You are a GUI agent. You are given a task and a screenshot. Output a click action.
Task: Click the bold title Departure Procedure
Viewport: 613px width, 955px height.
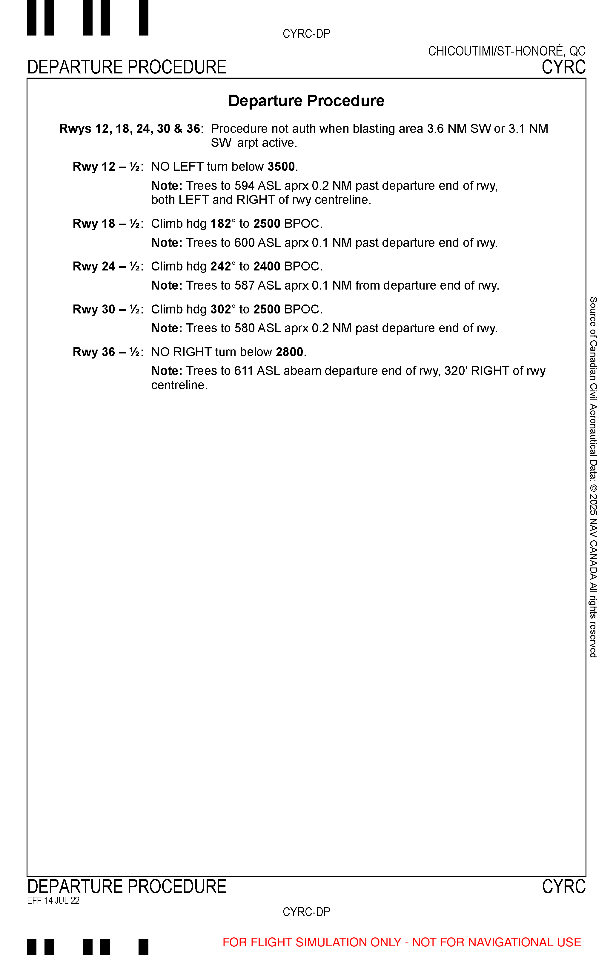pyautogui.click(x=306, y=101)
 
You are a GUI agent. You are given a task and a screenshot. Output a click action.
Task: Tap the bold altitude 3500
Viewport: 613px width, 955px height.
pyautogui.click(x=281, y=167)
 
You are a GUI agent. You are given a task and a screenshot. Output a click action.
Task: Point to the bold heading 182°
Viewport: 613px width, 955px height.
pyautogui.click(x=223, y=224)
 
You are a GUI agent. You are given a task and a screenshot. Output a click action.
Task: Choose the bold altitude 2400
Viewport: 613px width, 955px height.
pyautogui.click(x=267, y=266)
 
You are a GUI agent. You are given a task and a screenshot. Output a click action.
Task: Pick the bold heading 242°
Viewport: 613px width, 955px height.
pyautogui.click(x=223, y=266)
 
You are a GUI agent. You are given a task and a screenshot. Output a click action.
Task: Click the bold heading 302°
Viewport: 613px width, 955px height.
pyautogui.click(x=223, y=309)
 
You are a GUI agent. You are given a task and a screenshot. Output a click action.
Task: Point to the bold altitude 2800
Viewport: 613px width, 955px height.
pyautogui.click(x=289, y=352)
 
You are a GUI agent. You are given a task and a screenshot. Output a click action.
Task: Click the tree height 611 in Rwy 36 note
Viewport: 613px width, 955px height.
pyautogui.click(x=244, y=371)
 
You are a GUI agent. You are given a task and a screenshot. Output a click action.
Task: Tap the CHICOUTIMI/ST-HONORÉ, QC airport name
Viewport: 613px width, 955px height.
pyautogui.click(x=506, y=51)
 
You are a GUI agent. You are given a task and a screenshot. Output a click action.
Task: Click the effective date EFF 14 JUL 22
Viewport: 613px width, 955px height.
pyautogui.click(x=53, y=900)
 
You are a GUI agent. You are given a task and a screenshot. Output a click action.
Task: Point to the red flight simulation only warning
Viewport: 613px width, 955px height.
pyautogui.click(x=402, y=942)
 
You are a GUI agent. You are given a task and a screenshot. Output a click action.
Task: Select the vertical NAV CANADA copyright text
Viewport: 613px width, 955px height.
pyautogui.click(x=593, y=478)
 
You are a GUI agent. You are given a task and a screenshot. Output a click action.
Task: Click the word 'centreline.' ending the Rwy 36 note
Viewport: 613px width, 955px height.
pyautogui.click(x=179, y=385)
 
